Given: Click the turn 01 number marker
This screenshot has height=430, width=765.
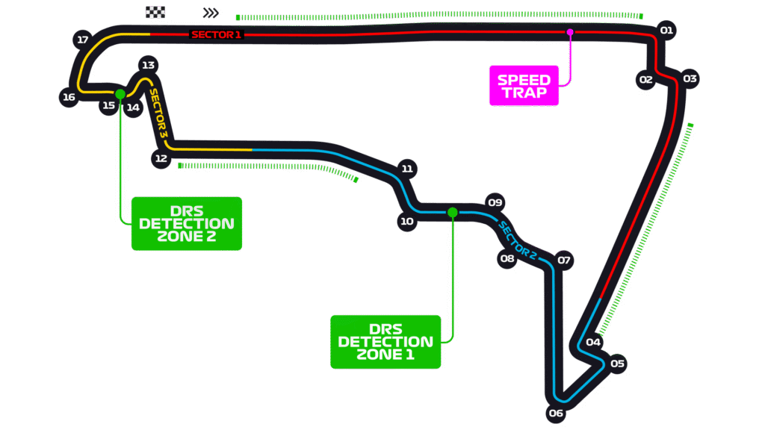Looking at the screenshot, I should coord(667,31).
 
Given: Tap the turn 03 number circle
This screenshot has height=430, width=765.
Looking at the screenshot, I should coord(690,79).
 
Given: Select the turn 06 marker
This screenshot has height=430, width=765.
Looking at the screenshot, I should coord(556,413).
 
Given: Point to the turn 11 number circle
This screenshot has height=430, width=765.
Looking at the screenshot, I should coord(407,169).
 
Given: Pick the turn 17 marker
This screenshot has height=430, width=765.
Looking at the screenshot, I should coord(83,40).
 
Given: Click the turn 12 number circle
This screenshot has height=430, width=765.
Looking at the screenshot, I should coord(161,158).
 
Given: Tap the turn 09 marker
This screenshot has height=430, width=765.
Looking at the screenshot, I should coord(495,202).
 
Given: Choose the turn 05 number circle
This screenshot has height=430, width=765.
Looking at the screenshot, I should coord(617,364).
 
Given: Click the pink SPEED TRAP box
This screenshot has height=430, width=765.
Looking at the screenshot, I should coord(524,86).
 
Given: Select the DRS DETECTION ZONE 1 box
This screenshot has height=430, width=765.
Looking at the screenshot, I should coord(385,341).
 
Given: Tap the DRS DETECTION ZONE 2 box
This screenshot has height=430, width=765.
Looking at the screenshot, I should coord(186,223).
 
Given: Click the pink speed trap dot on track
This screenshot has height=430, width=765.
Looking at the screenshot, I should coord(570,32).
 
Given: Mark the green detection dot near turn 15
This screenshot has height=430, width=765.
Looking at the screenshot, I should coord(120,93).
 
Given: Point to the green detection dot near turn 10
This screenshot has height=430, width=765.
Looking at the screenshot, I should coord(452,212).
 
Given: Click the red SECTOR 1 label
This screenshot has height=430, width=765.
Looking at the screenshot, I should coord(217,34).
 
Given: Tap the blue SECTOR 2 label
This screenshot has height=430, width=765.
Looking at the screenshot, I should coord(518,240).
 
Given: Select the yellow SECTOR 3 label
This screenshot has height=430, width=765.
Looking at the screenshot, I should coord(158,113).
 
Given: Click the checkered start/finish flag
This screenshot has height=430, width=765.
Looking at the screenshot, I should coord(155,12).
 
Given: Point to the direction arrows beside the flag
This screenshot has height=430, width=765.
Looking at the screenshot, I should coord(211,13).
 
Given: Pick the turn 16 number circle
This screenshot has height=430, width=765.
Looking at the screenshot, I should coord(69,97).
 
